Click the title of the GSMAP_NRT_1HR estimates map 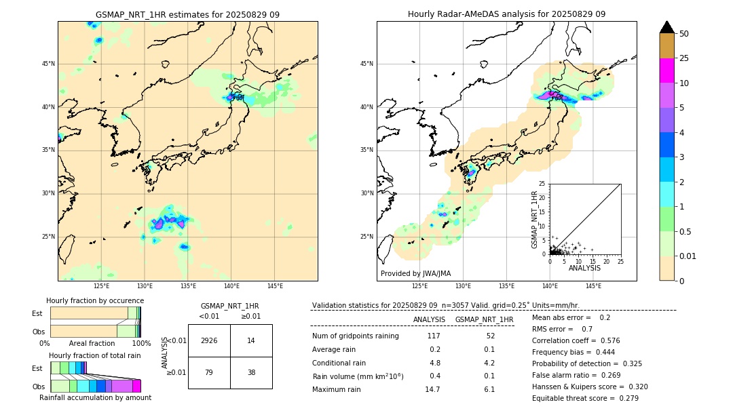click(x=187, y=14)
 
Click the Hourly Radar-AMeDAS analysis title click(x=506, y=14)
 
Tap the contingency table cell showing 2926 click(x=209, y=340)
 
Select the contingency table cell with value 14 click(x=251, y=340)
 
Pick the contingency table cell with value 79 click(x=209, y=372)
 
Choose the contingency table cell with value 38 click(x=251, y=372)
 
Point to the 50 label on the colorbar click(x=684, y=34)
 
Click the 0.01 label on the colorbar click(x=688, y=256)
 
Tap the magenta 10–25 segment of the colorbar click(x=667, y=71)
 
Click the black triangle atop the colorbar click(x=667, y=27)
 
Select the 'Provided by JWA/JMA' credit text click(x=415, y=273)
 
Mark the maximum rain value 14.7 click(x=432, y=389)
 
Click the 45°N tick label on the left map click(x=48, y=64)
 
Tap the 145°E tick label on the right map click(x=593, y=286)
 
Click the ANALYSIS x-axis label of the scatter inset click(x=584, y=268)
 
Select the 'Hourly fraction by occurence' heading click(x=95, y=300)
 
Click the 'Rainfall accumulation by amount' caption click(x=95, y=397)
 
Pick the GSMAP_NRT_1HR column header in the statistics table click(x=484, y=319)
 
